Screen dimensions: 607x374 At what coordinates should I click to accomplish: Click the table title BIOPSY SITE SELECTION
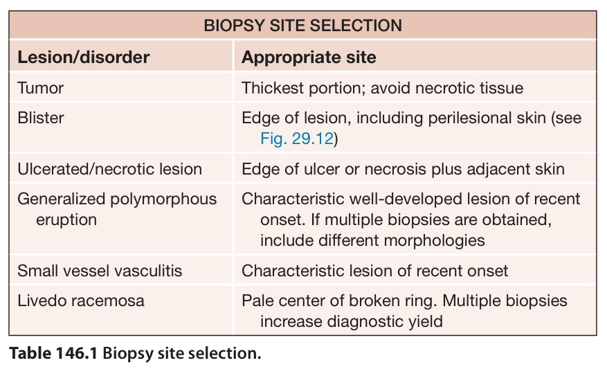[x=302, y=26]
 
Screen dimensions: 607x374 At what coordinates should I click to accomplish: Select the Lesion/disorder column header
[x=84, y=57]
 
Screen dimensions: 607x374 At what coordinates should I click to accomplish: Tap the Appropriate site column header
[x=309, y=57]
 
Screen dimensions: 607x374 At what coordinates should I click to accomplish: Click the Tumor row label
[x=41, y=88]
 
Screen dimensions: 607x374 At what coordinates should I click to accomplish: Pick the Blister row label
[x=41, y=118]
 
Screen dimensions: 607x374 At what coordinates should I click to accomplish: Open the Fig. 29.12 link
[x=297, y=139]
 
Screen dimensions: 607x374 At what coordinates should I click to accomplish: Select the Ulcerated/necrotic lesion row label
[x=109, y=169]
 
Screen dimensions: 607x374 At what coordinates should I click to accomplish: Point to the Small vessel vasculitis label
[x=100, y=271]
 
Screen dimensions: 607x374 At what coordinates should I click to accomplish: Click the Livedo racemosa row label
[x=81, y=301]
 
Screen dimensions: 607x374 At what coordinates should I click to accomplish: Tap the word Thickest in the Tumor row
[x=273, y=88]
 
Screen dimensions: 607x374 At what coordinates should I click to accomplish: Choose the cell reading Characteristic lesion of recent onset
[x=374, y=271]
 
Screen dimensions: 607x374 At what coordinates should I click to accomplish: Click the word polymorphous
[x=163, y=199]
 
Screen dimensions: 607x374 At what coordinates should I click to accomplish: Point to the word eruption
[x=66, y=220]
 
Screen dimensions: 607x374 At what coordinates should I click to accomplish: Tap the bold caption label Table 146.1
[x=53, y=353]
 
